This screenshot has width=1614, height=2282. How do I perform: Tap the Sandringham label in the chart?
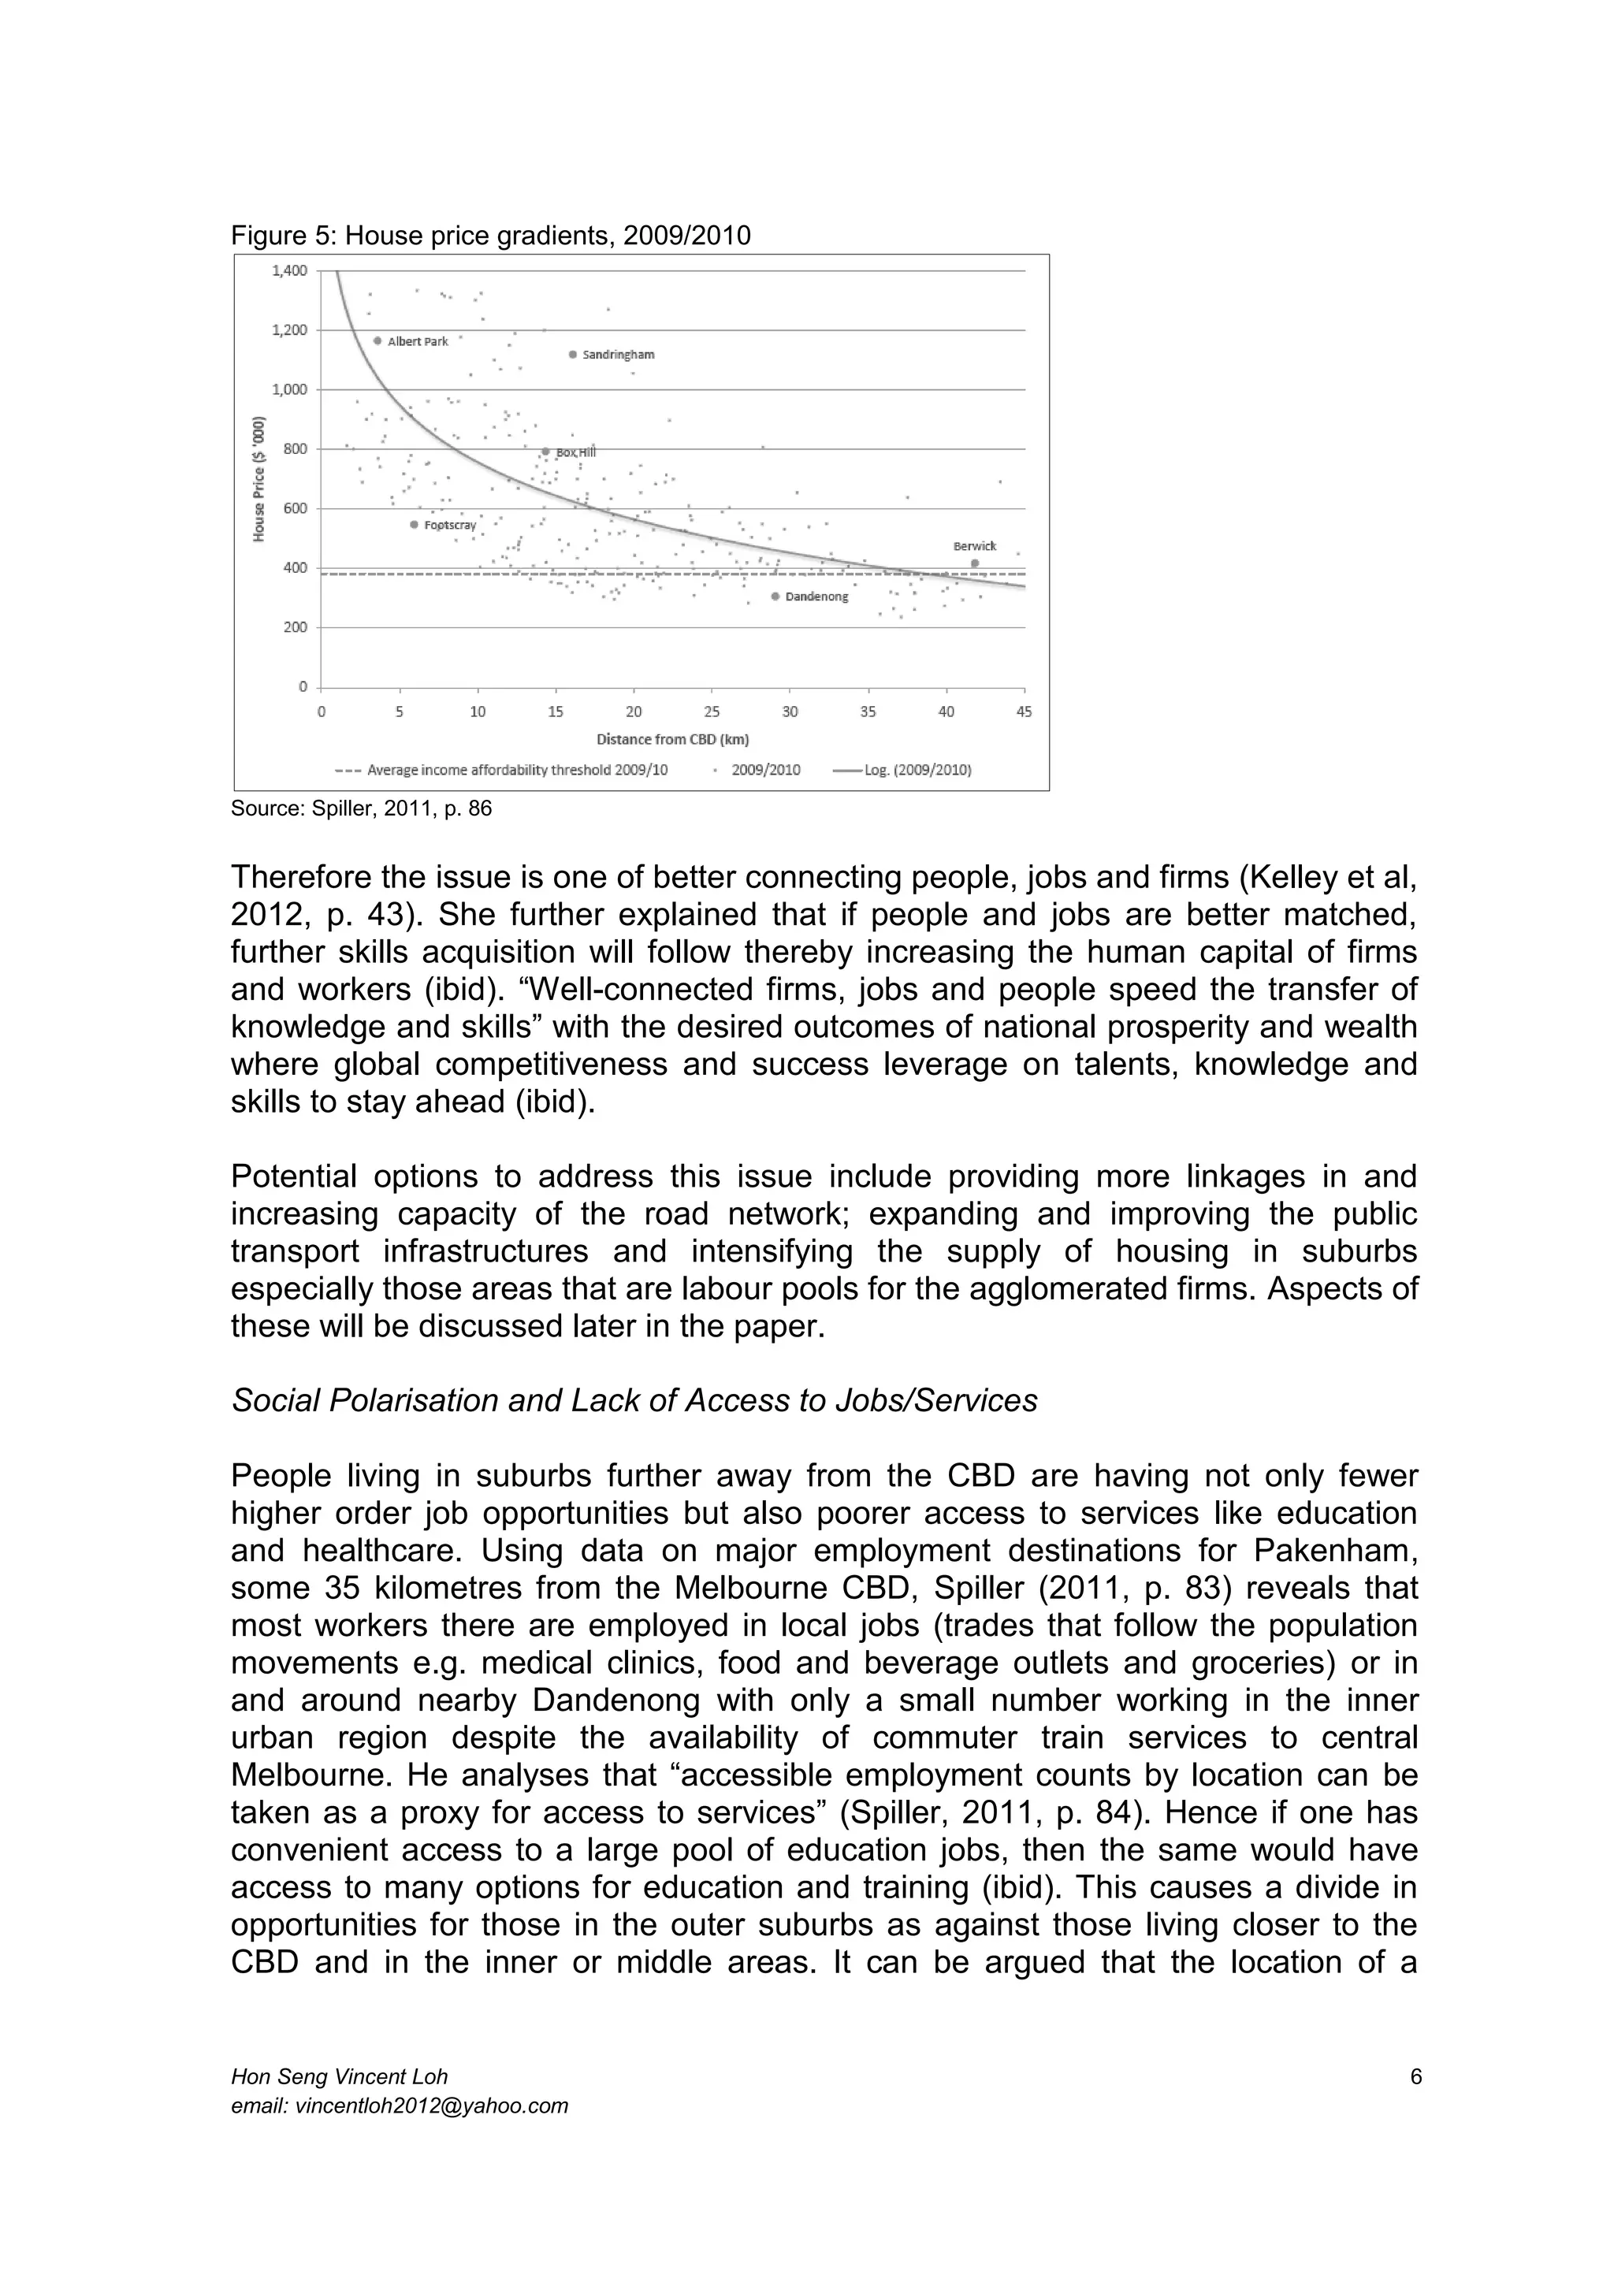[x=617, y=355]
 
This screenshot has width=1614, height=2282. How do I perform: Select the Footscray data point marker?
[x=415, y=525]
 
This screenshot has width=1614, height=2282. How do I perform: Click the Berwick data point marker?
[x=975, y=563]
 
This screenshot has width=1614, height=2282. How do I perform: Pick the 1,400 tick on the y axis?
[x=289, y=270]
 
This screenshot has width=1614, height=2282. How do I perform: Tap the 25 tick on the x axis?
[x=712, y=712]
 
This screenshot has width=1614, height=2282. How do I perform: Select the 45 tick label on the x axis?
[x=1025, y=712]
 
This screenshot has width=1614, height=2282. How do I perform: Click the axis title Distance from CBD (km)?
[x=673, y=739]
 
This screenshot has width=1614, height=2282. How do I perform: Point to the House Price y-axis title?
[x=259, y=478]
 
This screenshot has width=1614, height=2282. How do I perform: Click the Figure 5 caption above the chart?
[x=490, y=236]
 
